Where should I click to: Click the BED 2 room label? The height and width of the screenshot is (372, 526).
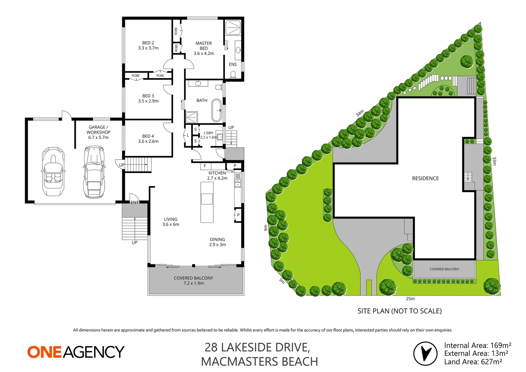click(x=148, y=45)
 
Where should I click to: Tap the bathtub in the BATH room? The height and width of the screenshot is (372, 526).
click(x=217, y=111)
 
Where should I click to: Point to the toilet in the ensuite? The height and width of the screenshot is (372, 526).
click(x=233, y=74)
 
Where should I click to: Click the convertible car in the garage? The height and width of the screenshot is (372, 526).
click(x=53, y=172)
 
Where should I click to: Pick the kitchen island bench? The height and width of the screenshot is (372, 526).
click(x=207, y=202)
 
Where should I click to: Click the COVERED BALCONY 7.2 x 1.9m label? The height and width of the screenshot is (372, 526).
click(x=193, y=281)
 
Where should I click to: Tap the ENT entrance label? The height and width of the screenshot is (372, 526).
click(x=135, y=203)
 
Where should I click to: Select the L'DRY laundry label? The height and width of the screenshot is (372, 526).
click(x=208, y=133)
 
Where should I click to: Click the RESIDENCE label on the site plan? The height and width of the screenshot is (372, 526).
click(x=425, y=178)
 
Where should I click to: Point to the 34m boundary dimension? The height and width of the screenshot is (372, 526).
click(x=360, y=113)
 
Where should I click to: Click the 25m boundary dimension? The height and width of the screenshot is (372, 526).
click(x=410, y=299)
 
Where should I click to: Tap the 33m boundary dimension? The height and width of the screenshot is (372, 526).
click(x=494, y=161)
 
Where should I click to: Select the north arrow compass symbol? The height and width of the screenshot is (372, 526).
click(x=425, y=353)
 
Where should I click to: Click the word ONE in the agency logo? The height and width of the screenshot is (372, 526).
click(x=44, y=352)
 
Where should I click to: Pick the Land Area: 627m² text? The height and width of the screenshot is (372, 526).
click(x=473, y=362)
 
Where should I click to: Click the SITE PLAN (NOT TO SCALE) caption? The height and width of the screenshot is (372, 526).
click(x=399, y=311)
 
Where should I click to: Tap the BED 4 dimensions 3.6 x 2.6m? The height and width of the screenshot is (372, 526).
click(x=148, y=141)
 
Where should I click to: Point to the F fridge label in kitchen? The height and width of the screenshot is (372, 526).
click(x=205, y=166)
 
